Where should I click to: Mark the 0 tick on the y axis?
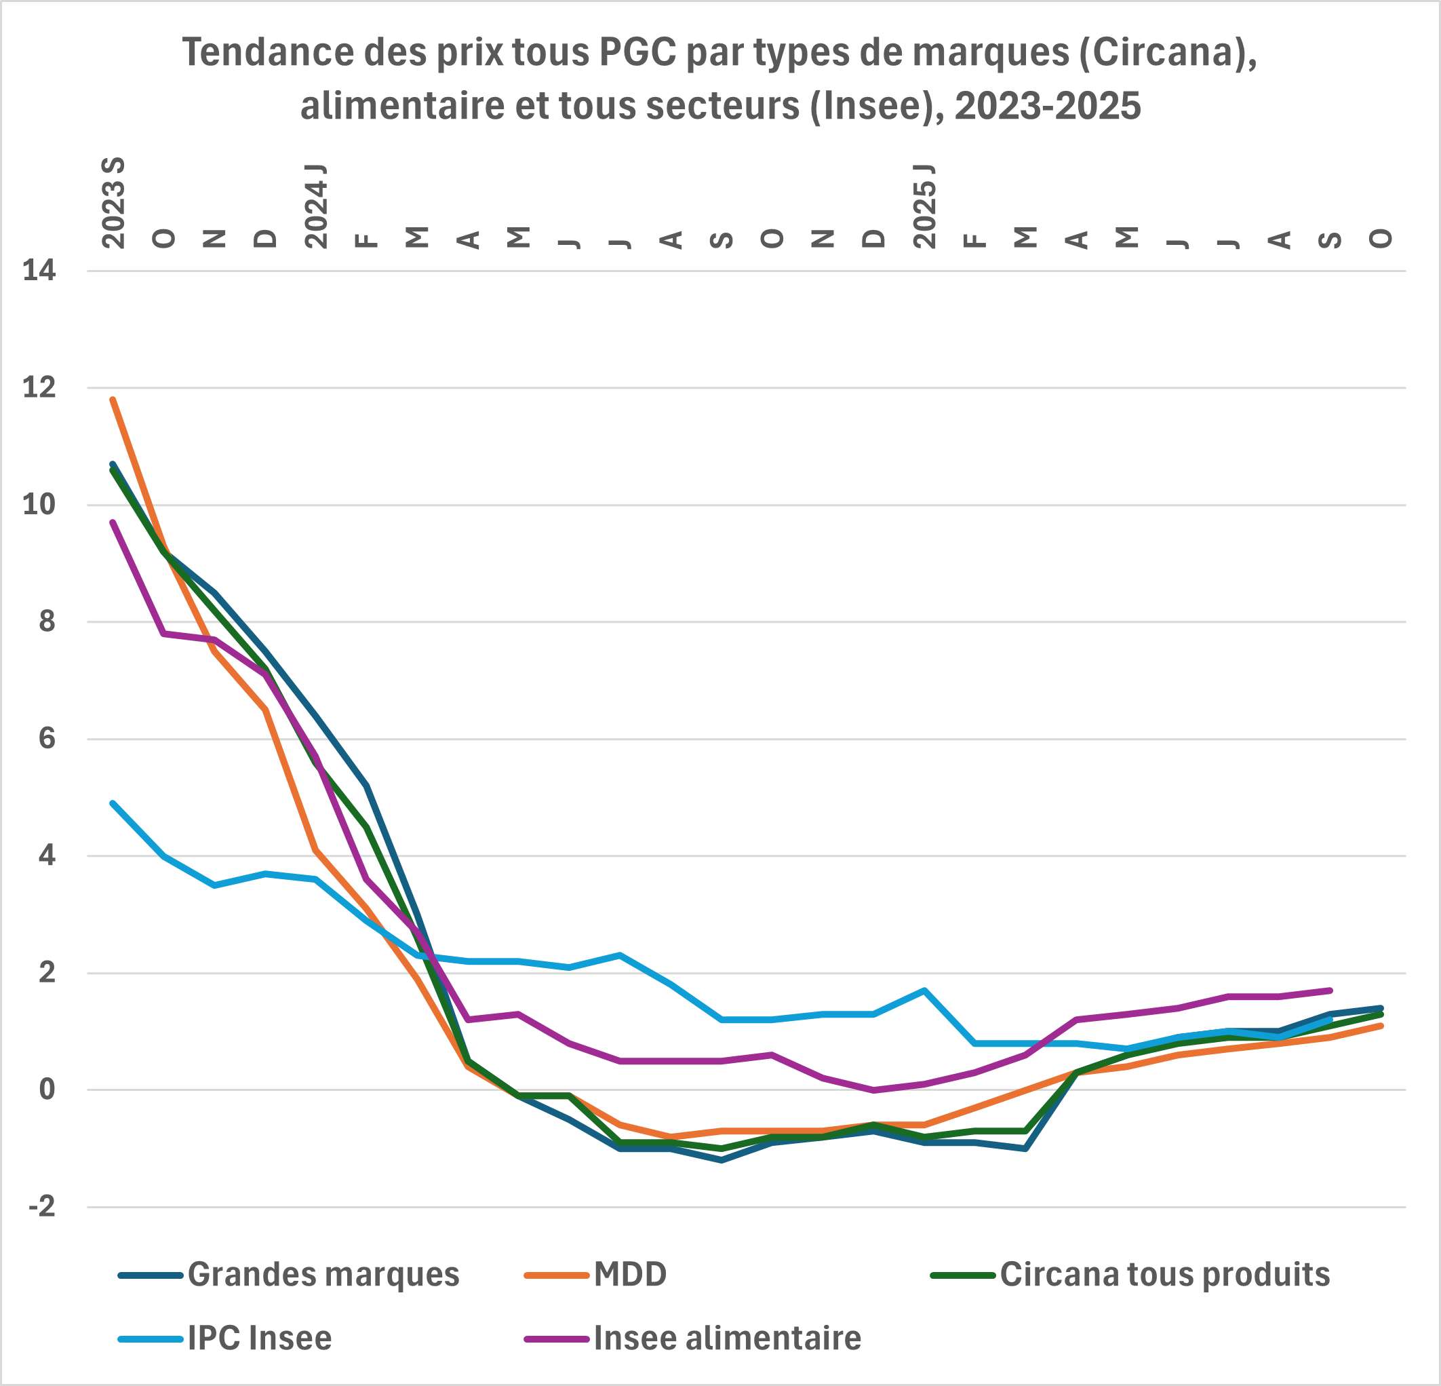pyautogui.click(x=47, y=1090)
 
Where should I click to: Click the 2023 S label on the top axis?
pyautogui.click(x=113, y=203)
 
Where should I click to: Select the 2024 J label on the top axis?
pyautogui.click(x=316, y=206)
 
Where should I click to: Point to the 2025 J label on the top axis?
pyautogui.click(x=925, y=206)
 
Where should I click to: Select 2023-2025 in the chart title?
pyautogui.click(x=1048, y=105)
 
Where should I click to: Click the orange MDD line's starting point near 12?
pyautogui.click(x=113, y=399)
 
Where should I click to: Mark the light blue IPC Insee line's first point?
pyautogui.click(x=113, y=803)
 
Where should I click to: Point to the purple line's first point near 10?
pyautogui.click(x=113, y=522)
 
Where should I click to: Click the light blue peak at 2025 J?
pyautogui.click(x=924, y=990)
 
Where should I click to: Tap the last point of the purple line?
pyautogui.click(x=1330, y=990)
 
